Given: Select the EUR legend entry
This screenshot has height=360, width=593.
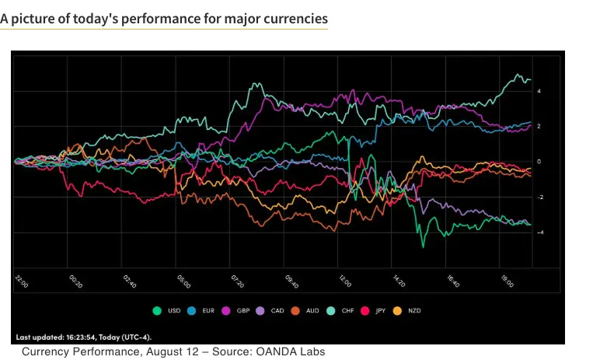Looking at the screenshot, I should click(204, 310).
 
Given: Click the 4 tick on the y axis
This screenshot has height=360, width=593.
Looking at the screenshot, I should click(538, 91).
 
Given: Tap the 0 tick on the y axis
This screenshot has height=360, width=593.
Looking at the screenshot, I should click(538, 162).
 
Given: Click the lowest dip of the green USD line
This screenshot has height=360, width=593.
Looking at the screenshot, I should click(423, 246).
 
